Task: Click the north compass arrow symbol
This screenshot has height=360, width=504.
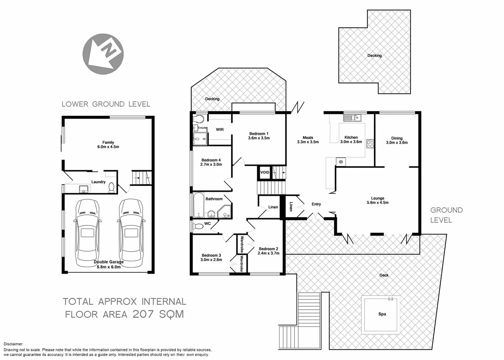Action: click(103, 54)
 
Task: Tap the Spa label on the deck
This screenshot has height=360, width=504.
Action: click(382, 314)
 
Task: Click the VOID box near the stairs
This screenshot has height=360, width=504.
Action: click(264, 173)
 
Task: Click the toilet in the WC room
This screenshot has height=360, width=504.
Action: click(198, 227)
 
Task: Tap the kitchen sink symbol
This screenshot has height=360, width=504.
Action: click(352, 117)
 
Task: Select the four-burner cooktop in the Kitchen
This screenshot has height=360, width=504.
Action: click(370, 144)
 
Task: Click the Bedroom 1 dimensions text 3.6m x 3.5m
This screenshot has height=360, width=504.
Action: click(259, 138)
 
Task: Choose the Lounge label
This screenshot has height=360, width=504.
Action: click(377, 198)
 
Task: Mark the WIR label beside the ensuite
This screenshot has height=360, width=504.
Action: click(220, 130)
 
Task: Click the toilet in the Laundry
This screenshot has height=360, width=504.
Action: click(112, 188)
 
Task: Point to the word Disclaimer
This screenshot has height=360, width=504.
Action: click(13, 344)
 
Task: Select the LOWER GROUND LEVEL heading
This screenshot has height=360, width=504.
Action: click(106, 104)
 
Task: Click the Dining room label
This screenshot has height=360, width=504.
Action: click(397, 138)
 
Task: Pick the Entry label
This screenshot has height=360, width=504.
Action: click(316, 204)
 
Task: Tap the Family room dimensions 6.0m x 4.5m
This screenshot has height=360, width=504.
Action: click(108, 147)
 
